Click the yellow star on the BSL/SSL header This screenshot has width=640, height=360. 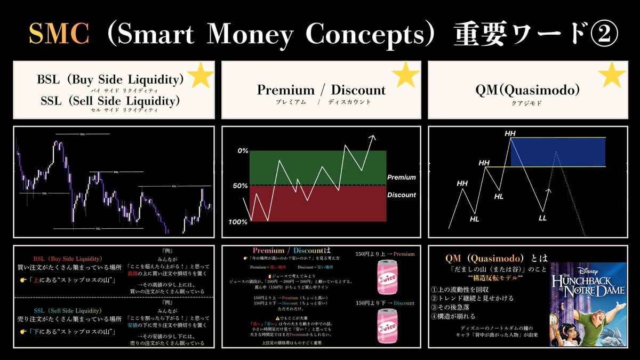point(201,76)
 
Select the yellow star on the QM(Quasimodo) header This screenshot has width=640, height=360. point(612,76)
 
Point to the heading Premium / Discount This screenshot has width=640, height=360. point(321,90)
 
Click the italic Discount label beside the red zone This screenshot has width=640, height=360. point(401,195)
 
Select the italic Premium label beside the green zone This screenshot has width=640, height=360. point(401,177)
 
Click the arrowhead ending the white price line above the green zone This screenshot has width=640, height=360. point(373,138)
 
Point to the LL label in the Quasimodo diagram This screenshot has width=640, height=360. point(543,218)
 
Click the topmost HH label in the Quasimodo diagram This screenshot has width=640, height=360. point(510,132)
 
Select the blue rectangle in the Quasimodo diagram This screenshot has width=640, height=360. point(557,152)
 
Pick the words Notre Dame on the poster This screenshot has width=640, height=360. point(588,291)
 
